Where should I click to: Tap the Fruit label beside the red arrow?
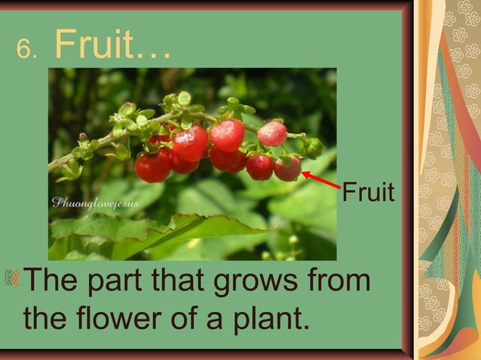point(368,193)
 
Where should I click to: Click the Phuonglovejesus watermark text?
point(95,203)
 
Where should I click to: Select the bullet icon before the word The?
point(11,281)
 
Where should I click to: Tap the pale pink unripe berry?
point(272,134)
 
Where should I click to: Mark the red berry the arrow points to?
point(287,169)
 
